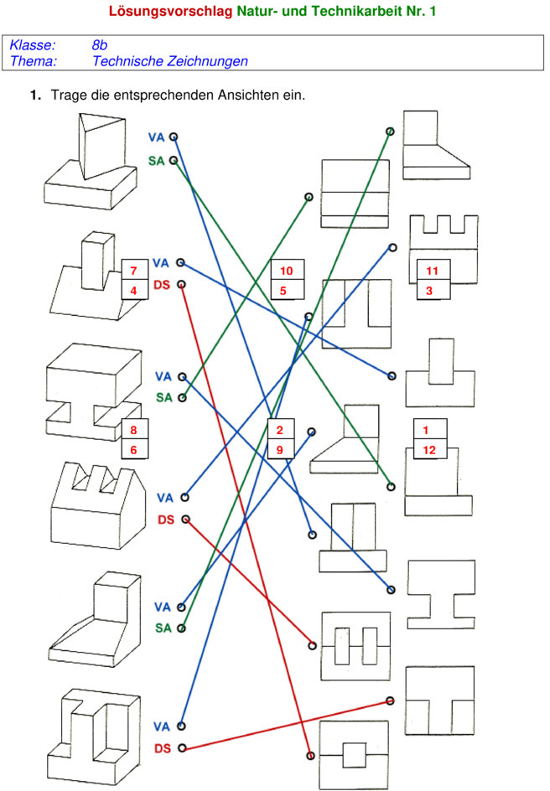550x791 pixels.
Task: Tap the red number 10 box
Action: pyautogui.click(x=285, y=271)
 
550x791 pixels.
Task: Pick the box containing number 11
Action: pyautogui.click(x=432, y=271)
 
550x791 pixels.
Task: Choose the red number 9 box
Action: pyautogui.click(x=279, y=450)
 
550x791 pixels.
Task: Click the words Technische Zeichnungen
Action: pyautogui.click(x=169, y=60)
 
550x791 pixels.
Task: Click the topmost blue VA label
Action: pyautogui.click(x=157, y=137)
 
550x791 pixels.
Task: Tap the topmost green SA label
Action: pyautogui.click(x=157, y=160)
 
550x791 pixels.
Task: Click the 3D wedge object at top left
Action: pyautogui.click(x=90, y=163)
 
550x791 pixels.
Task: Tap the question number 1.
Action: pyautogui.click(x=34, y=96)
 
